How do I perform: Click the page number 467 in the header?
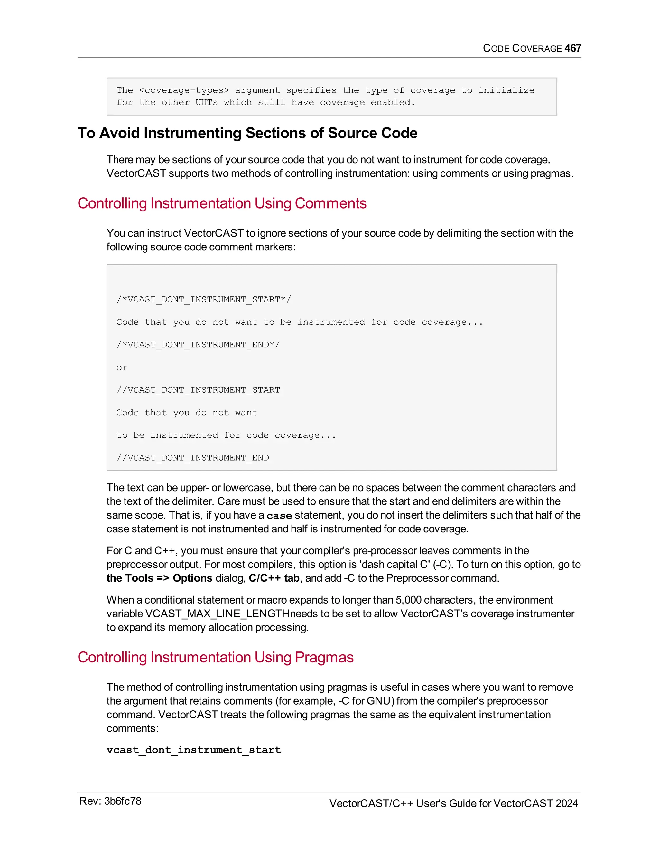(573, 48)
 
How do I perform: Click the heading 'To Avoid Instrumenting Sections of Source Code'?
(247, 133)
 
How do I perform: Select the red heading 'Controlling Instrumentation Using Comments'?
(222, 203)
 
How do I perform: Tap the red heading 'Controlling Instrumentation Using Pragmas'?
(216, 657)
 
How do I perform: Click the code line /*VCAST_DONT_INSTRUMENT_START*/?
(203, 300)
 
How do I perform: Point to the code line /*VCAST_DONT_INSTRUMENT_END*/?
(198, 345)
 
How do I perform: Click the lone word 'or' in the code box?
(122, 368)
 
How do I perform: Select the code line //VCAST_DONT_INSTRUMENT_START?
(198, 390)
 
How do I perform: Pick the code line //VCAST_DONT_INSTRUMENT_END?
(192, 458)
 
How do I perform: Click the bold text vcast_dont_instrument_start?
(194, 750)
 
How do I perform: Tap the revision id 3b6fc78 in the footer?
(123, 801)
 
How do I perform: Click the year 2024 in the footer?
(566, 803)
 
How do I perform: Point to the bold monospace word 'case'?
(279, 516)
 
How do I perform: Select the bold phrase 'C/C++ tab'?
(274, 578)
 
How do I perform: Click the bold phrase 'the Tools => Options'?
(159, 578)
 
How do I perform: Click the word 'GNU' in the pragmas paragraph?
(380, 701)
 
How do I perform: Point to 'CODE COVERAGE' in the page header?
(522, 48)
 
